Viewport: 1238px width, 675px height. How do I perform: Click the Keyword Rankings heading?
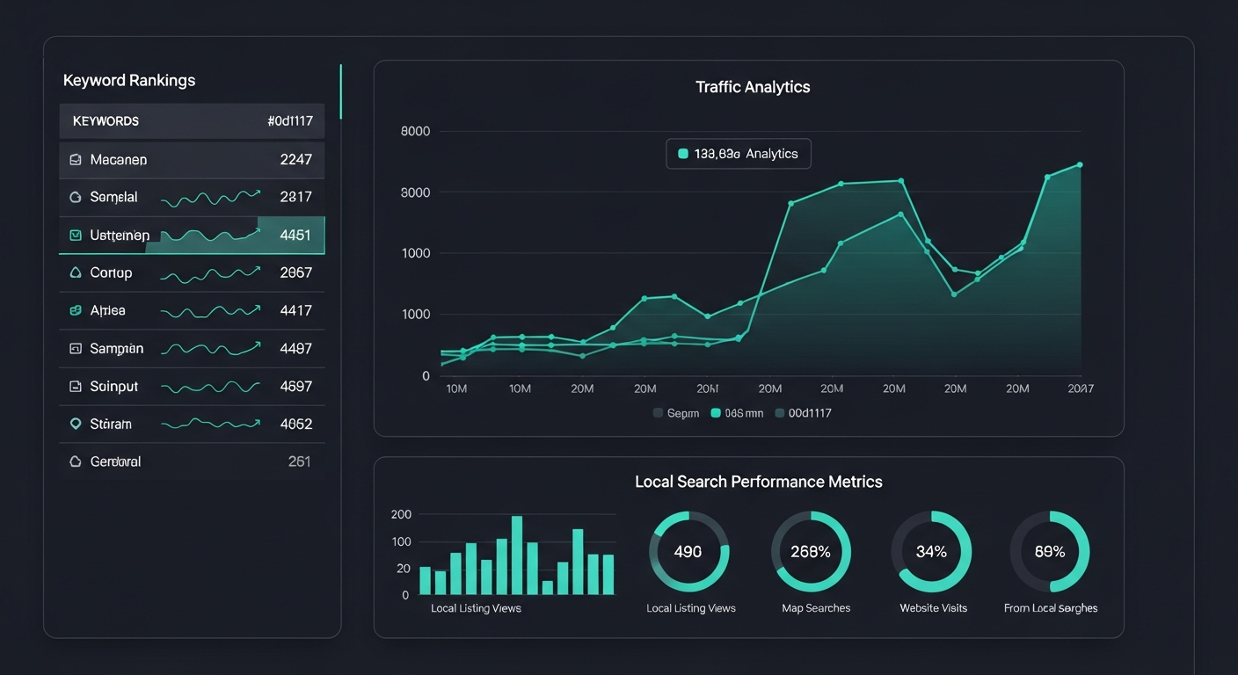click(x=129, y=80)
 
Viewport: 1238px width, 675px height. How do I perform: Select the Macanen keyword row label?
click(x=118, y=160)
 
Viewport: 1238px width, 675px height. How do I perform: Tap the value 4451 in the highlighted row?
click(x=295, y=235)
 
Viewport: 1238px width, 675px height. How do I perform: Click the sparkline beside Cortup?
click(x=210, y=274)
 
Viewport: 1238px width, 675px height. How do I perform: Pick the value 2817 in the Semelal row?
click(x=295, y=197)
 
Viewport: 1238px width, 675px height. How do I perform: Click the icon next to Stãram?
click(x=75, y=424)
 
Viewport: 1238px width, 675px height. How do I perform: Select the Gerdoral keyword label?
click(x=115, y=461)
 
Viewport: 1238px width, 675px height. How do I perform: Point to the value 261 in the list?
click(x=299, y=461)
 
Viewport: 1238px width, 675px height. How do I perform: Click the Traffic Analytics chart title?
click(x=753, y=87)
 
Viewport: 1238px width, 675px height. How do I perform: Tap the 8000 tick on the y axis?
click(x=415, y=132)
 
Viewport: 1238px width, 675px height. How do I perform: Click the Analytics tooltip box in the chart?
click(x=738, y=154)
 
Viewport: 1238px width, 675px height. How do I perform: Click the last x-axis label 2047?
click(x=1080, y=388)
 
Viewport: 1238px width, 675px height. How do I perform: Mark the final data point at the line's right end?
click(x=1080, y=164)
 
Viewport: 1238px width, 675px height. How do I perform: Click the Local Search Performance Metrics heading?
click(x=758, y=482)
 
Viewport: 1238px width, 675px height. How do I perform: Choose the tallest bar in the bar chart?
click(x=517, y=555)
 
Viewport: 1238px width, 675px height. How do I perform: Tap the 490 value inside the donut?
click(x=688, y=552)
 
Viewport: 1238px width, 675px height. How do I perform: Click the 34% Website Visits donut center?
click(x=931, y=552)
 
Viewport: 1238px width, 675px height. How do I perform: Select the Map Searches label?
click(x=815, y=608)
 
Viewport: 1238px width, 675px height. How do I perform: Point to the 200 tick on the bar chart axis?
click(x=401, y=514)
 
